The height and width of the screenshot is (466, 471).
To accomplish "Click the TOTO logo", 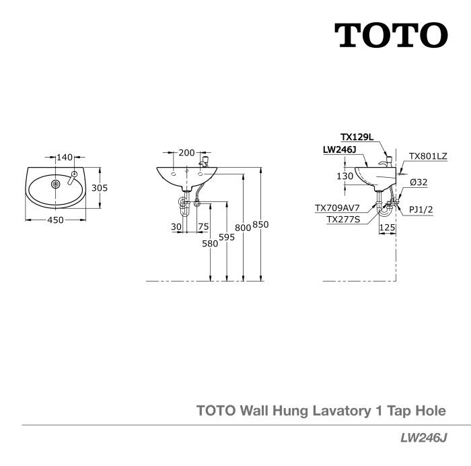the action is click(x=392, y=35).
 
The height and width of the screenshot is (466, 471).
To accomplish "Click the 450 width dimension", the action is click(x=56, y=220).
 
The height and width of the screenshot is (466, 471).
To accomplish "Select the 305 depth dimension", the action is click(x=100, y=188).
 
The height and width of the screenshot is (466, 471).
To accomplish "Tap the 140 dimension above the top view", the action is click(x=65, y=157).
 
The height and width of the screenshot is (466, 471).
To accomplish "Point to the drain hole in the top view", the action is click(x=56, y=184).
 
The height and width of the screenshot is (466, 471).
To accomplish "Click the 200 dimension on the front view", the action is click(x=186, y=153).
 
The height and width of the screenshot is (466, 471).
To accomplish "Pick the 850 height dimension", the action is click(x=260, y=224).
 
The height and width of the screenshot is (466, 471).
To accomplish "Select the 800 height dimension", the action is click(x=243, y=228).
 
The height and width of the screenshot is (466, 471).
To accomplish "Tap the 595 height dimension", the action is click(x=227, y=237).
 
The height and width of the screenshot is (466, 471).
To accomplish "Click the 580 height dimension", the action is click(x=210, y=244).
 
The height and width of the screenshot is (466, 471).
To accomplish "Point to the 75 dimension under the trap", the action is click(x=203, y=227).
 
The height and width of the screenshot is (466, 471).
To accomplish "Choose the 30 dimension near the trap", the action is click(x=176, y=227).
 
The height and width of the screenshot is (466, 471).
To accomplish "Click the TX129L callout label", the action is click(x=357, y=137).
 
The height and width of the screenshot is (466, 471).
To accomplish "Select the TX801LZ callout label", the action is click(x=428, y=156).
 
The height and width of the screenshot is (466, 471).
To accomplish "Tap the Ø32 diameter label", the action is click(x=419, y=182).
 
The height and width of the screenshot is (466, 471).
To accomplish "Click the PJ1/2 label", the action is click(x=421, y=209).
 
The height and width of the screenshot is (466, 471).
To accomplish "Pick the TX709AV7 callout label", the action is click(x=337, y=208).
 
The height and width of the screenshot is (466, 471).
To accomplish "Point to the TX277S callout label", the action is click(x=343, y=220).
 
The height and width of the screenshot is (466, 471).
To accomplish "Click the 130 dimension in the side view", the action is click(x=345, y=176).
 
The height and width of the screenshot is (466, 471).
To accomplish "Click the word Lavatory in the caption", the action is click(x=342, y=411).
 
